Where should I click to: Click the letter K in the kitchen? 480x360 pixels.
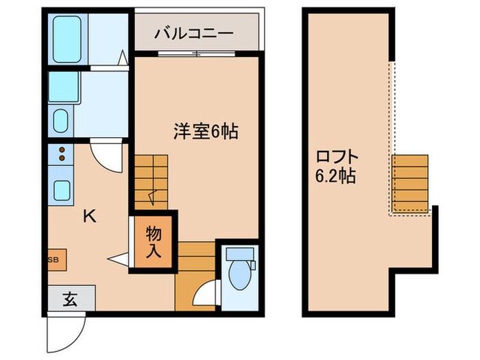(89, 217)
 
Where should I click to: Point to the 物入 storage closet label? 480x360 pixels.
(153, 242)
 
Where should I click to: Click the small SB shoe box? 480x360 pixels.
(53, 260)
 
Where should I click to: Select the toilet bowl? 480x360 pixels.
(240, 272)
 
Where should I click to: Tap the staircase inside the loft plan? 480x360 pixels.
(409, 182)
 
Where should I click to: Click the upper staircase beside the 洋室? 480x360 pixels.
(151, 180)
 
